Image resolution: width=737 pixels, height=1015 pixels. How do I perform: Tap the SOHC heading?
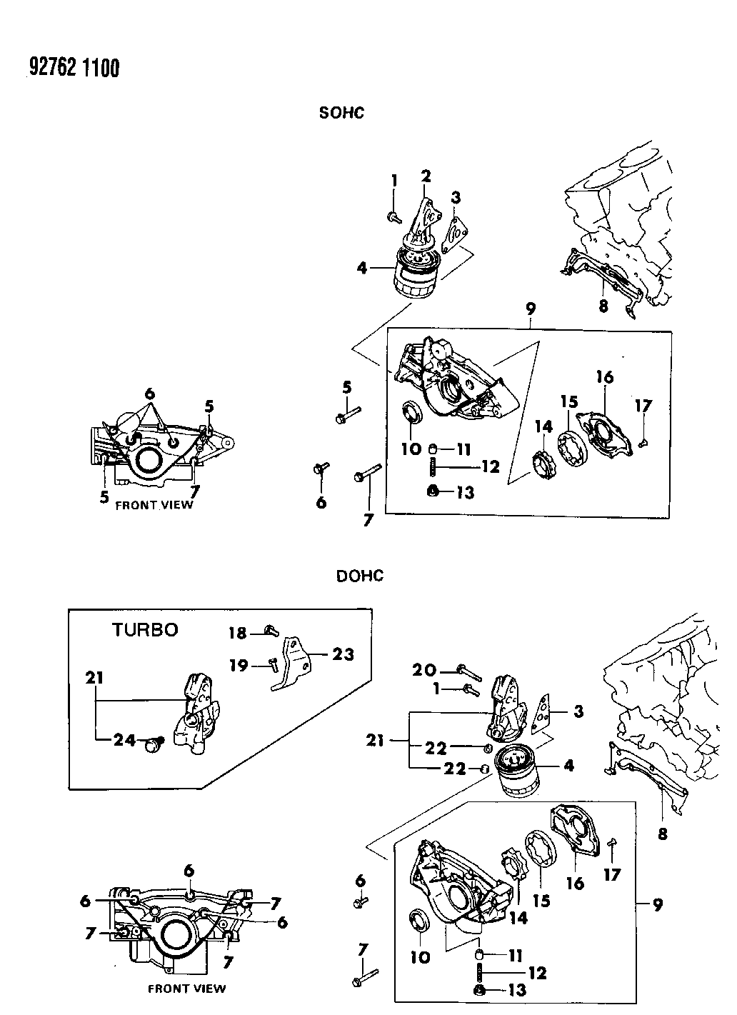tap(341, 112)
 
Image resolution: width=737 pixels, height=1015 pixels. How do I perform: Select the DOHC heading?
tap(360, 575)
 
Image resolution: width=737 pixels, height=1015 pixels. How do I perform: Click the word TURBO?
tap(144, 629)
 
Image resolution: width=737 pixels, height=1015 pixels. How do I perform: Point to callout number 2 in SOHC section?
tap(426, 176)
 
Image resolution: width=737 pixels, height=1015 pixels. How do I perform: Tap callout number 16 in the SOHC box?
tap(605, 376)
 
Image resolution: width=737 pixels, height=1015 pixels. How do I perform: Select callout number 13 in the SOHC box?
tap(464, 492)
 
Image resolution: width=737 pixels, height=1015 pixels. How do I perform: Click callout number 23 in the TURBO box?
tap(343, 654)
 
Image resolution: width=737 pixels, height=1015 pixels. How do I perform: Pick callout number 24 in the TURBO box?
tap(124, 741)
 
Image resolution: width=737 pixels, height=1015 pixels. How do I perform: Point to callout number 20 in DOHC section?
tap(424, 669)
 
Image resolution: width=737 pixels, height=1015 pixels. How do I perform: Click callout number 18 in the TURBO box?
tap(238, 632)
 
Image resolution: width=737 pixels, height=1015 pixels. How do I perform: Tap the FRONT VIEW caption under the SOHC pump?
tap(154, 504)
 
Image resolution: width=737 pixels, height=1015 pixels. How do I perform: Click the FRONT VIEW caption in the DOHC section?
tap(186, 989)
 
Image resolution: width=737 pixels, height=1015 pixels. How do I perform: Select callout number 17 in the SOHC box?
tap(643, 406)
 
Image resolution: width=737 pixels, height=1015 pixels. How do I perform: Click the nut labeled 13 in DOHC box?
tap(480, 990)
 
